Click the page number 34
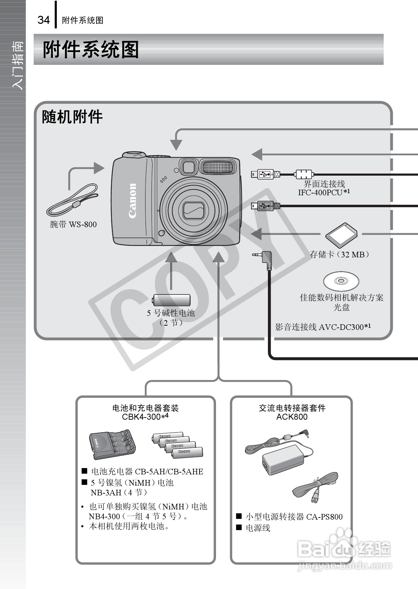coord(43,20)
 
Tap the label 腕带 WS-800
coord(73,224)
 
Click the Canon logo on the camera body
coord(133,201)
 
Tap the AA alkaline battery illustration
coord(171,300)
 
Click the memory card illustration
coord(341,235)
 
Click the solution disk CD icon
coord(341,281)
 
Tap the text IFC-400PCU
coord(320,192)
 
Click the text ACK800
coord(292,417)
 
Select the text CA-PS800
coord(324,517)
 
